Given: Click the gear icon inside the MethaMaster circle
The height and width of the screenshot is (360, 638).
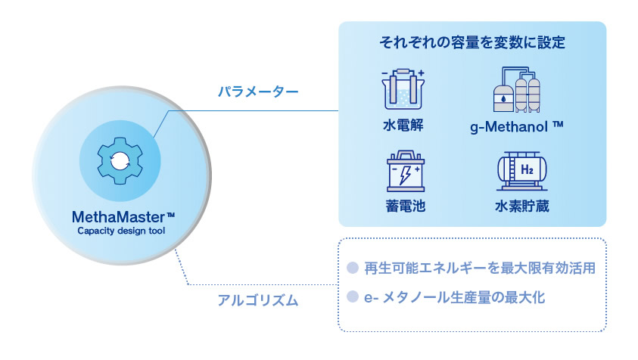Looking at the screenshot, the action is (120, 160).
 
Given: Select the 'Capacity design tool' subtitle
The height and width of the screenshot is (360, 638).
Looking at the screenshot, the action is (121, 231).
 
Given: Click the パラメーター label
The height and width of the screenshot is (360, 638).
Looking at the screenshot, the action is (258, 92).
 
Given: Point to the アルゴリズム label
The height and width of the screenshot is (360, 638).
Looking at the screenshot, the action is (258, 300).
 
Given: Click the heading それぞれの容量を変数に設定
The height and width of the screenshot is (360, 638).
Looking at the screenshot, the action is (472, 42).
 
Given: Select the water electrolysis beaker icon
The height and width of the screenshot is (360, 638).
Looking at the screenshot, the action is (403, 89).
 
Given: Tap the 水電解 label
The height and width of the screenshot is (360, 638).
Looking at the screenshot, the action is (403, 126).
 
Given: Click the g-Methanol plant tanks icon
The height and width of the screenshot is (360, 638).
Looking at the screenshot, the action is (517, 89).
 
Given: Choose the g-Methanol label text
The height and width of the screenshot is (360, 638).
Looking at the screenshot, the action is (517, 127).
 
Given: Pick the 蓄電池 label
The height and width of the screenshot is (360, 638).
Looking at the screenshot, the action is (405, 206).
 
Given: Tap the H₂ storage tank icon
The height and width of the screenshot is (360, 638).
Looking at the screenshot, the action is (522, 171).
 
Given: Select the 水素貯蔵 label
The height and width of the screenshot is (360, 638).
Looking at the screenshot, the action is (522, 206).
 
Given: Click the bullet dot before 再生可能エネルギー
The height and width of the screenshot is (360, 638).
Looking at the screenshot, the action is (353, 268).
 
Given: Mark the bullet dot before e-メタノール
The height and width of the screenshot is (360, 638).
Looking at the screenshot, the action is (353, 297).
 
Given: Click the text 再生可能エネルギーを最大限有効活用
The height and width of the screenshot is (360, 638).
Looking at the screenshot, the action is (480, 268).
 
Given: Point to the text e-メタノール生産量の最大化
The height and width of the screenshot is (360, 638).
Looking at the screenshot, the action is (454, 297).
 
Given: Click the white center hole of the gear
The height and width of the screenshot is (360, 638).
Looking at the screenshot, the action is (120, 161).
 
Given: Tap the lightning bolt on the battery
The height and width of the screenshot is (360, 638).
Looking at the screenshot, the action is (405, 175).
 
